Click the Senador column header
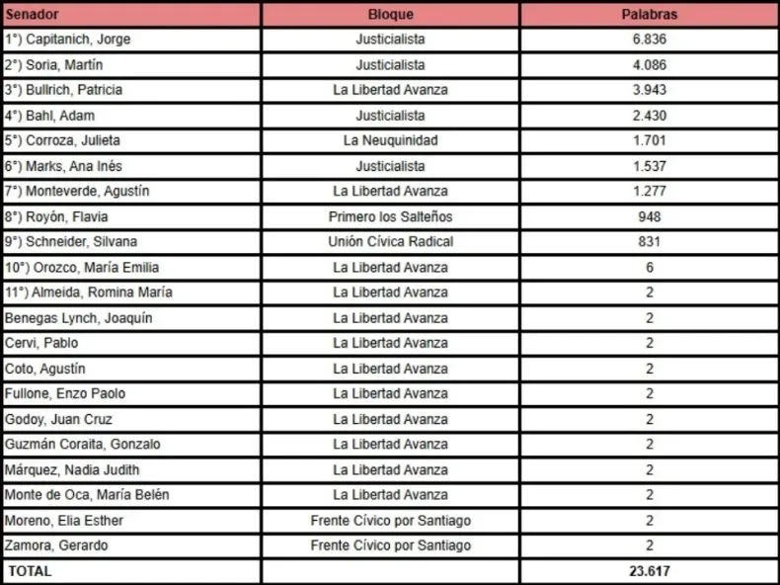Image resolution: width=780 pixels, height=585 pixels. [x=31, y=15]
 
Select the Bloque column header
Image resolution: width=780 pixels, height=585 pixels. [x=390, y=15]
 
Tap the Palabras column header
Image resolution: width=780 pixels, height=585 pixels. [x=649, y=15]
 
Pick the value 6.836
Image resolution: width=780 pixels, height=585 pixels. [x=649, y=40]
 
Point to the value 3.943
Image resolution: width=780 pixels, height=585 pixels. [x=649, y=90]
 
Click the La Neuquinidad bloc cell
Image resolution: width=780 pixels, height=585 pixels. [x=390, y=140]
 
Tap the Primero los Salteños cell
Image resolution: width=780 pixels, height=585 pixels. [x=390, y=216]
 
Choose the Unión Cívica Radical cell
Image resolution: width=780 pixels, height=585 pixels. [x=390, y=242]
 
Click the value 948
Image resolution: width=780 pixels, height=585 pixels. [x=649, y=216]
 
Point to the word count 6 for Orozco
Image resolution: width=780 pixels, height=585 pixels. [x=649, y=267]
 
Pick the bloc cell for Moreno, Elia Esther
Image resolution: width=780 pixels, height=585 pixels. [x=390, y=520]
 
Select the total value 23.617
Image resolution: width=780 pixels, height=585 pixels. [x=649, y=571]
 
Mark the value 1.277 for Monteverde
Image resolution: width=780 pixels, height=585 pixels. [x=649, y=191]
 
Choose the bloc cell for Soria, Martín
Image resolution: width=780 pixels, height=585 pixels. [x=390, y=65]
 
